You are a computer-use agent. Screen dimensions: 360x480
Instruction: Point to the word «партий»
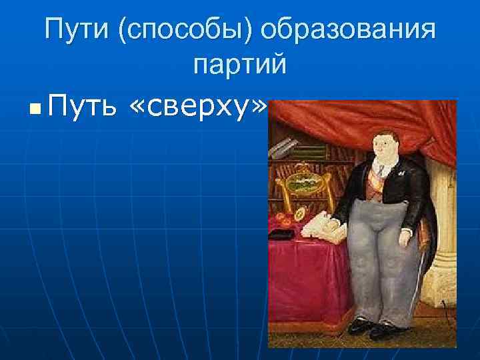click(239, 65)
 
